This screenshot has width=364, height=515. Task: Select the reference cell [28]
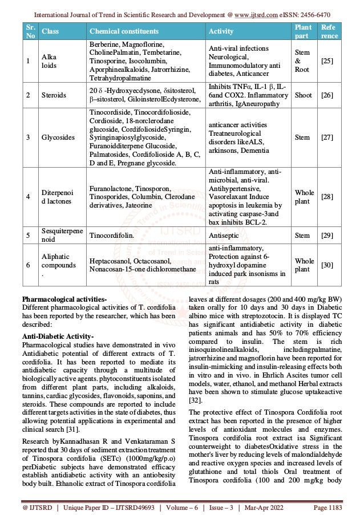point(327,196)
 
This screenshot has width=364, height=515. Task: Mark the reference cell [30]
point(327,266)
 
